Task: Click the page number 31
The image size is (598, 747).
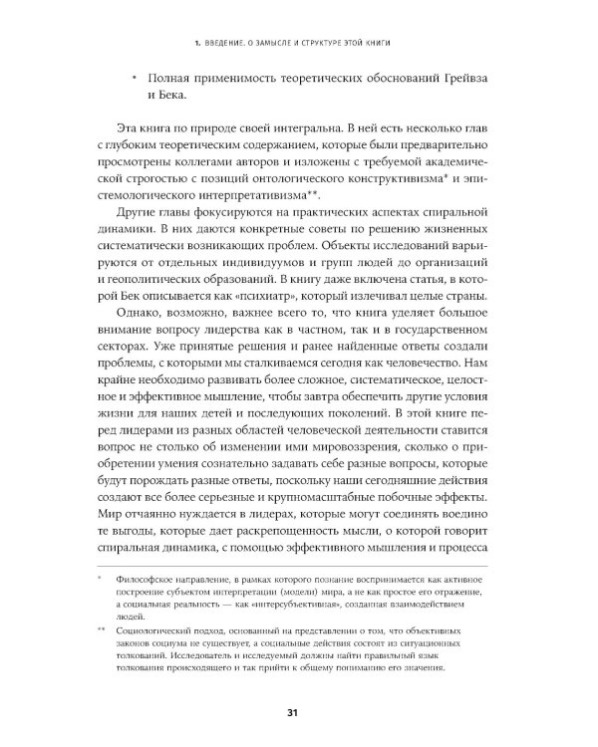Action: [293, 710]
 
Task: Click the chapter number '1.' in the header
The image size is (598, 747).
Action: [201, 40]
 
